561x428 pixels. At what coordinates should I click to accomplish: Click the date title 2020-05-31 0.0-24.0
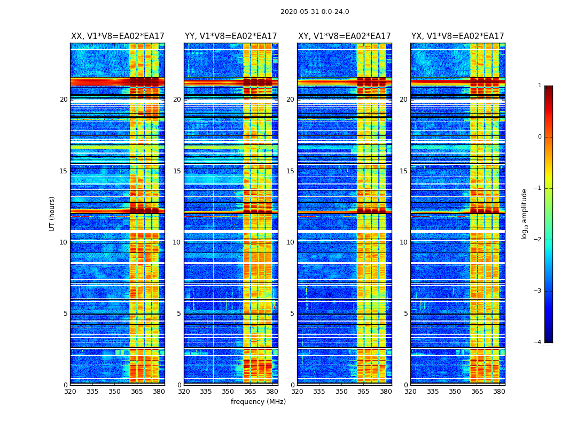tap(315, 12)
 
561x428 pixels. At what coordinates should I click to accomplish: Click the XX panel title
tap(118, 36)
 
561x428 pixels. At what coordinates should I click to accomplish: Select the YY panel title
tap(231, 36)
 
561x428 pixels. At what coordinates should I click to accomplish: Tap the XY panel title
tap(344, 36)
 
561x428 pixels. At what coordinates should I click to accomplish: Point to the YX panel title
tap(457, 36)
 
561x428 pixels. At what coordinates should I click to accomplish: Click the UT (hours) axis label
tap(52, 213)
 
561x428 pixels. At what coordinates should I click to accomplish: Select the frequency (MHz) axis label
tap(258, 402)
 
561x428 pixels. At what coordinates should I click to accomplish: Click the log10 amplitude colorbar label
tap(525, 213)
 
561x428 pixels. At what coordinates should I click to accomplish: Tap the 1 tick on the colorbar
tap(539, 86)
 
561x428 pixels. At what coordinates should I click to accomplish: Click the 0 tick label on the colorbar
tap(539, 137)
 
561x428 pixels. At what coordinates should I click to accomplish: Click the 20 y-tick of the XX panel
tap(64, 100)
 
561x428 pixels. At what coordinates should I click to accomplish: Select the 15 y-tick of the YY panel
tap(177, 171)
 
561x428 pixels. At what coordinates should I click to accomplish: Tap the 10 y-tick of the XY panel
tap(291, 242)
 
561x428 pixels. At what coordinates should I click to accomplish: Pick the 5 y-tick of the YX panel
tap(406, 314)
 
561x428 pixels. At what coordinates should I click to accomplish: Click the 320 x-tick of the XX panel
tap(70, 392)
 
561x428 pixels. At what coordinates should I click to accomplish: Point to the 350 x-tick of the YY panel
tap(228, 392)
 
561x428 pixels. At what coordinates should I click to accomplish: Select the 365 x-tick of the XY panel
tap(363, 392)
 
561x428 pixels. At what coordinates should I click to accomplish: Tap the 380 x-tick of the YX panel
tap(499, 392)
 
